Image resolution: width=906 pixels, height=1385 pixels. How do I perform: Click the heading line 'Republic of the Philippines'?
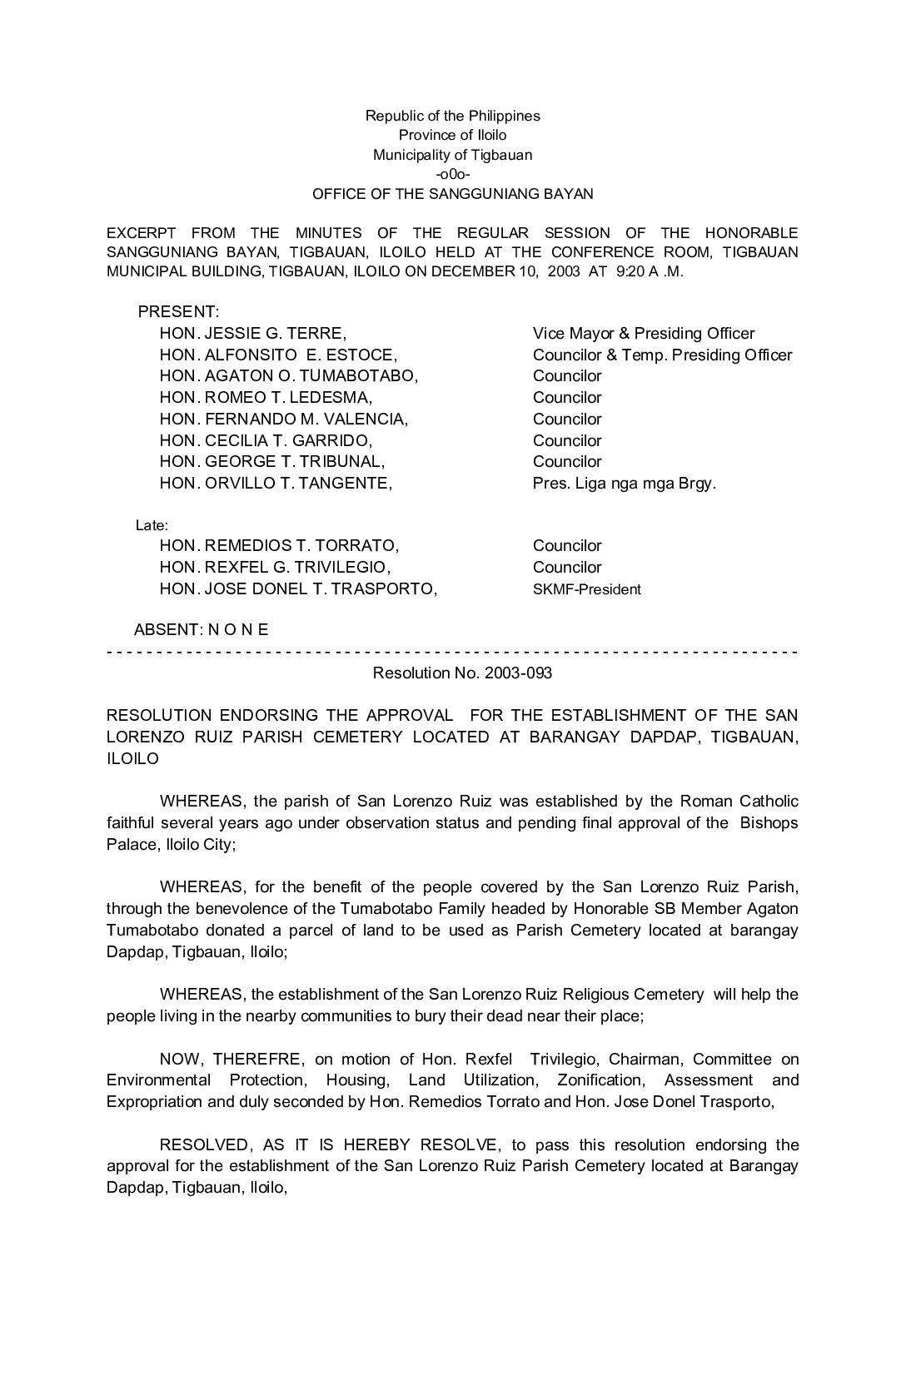point(452,116)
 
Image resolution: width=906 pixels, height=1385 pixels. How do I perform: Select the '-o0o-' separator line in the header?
point(452,174)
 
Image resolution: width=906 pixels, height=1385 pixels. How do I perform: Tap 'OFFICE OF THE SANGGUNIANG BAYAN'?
point(452,194)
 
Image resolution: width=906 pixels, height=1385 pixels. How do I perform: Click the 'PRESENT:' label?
point(178,312)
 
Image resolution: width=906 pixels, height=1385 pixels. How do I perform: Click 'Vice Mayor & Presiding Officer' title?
point(644,334)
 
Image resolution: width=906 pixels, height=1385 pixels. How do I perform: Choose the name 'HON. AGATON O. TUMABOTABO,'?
point(289,376)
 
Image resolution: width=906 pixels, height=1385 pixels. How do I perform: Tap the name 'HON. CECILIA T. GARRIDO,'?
point(266,440)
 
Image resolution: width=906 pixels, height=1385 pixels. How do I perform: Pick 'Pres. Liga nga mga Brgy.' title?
point(624,483)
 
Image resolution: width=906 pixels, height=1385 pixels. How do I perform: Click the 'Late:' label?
point(152,526)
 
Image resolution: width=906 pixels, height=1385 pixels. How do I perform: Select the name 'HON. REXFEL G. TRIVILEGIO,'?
point(275,568)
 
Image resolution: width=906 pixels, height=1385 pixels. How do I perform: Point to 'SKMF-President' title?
point(586,589)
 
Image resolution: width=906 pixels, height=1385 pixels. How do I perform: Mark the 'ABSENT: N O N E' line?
point(202,630)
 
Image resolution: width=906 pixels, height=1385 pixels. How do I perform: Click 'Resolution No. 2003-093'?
point(462,673)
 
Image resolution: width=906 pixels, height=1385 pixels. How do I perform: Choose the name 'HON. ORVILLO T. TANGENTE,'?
point(276,483)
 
